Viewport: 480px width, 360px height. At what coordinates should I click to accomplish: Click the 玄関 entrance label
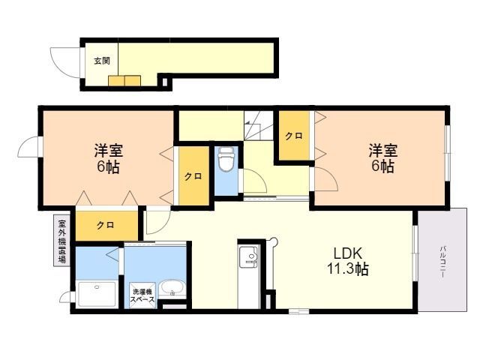pyautogui.click(x=102, y=61)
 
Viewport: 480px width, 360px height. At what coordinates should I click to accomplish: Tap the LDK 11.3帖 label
pyautogui.click(x=348, y=261)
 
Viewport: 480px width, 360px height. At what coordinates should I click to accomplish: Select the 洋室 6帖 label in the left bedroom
pyautogui.click(x=108, y=158)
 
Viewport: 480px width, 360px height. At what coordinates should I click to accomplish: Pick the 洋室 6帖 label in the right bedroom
pyautogui.click(x=383, y=158)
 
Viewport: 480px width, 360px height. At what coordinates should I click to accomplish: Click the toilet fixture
pyautogui.click(x=226, y=158)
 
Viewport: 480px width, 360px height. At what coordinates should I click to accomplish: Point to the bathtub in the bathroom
pyautogui.click(x=97, y=295)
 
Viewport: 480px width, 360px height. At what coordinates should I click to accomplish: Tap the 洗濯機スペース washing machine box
pyautogui.click(x=142, y=295)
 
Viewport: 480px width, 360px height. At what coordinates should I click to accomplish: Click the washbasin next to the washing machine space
pyautogui.click(x=173, y=288)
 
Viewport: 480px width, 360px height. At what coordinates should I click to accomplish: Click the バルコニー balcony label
pyautogui.click(x=442, y=262)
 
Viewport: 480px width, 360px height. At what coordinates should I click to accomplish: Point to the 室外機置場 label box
pyautogui.click(x=61, y=241)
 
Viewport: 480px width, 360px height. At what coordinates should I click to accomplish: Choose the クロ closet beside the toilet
pyautogui.click(x=194, y=176)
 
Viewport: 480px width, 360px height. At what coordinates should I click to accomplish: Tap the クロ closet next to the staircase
pyautogui.click(x=294, y=136)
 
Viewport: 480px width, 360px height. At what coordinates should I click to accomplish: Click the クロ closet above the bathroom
pyautogui.click(x=106, y=225)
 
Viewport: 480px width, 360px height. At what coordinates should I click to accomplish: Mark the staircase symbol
pyautogui.click(x=259, y=125)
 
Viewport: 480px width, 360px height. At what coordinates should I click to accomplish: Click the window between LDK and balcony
pyautogui.click(x=415, y=253)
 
